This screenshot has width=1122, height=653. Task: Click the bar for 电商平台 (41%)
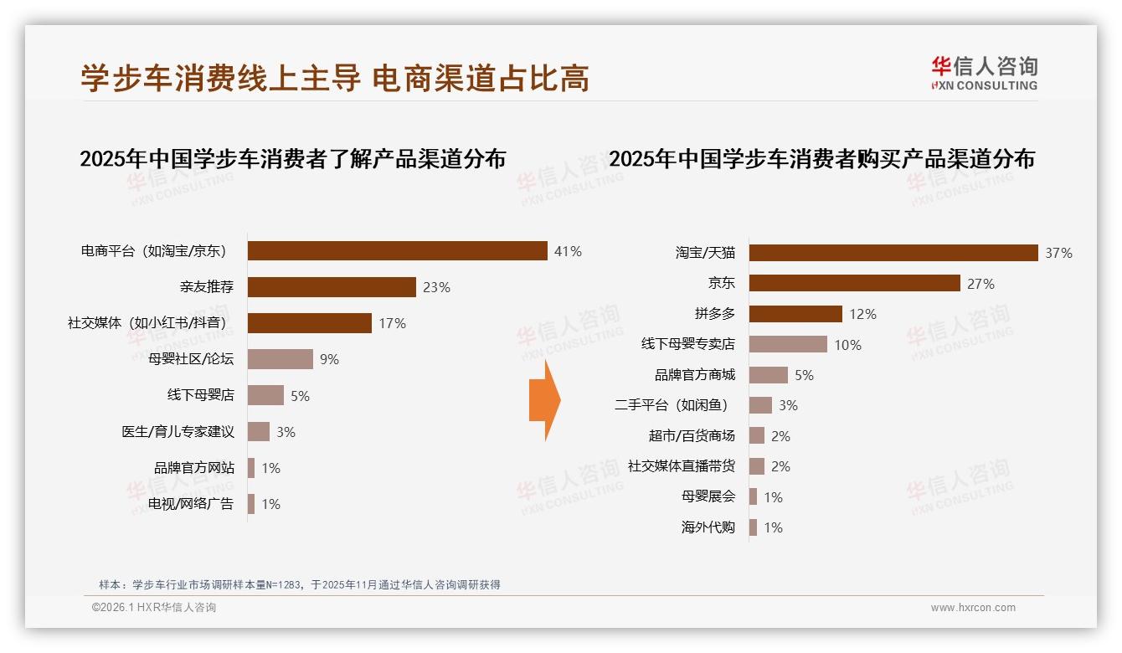[398, 251]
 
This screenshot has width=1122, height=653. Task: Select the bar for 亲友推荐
[332, 287]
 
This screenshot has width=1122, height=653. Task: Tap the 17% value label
[392, 323]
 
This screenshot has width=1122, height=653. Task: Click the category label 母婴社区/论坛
[191, 359]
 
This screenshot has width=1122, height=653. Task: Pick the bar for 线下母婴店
[265, 395]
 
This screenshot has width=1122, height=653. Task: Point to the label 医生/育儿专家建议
[178, 432]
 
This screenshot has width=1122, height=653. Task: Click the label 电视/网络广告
[191, 504]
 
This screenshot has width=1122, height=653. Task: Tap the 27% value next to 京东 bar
[980, 284]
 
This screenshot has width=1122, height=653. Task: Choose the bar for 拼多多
[795, 314]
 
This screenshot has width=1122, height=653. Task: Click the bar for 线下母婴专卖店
[788, 344]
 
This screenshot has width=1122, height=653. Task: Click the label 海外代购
[708, 527]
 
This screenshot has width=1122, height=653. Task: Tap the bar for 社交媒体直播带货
[757, 466]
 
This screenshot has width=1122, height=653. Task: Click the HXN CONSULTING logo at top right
[984, 74]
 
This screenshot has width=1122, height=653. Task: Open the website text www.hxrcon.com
[973, 608]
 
